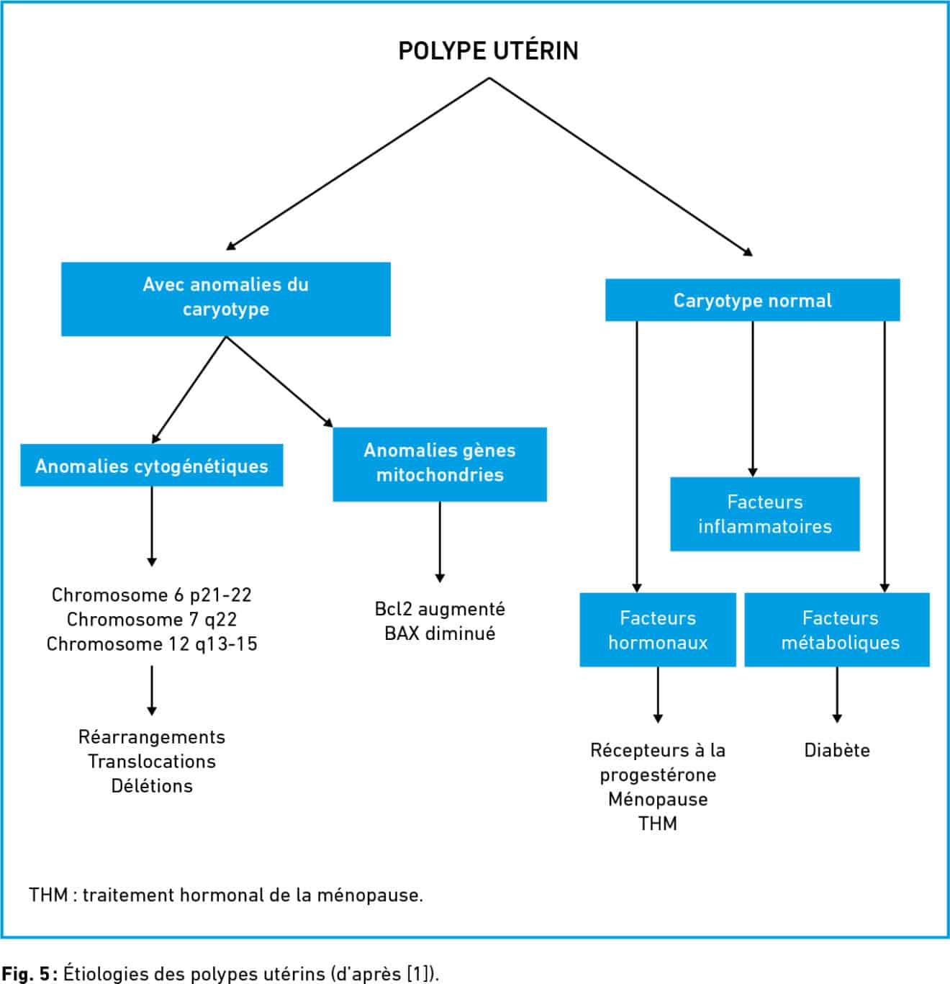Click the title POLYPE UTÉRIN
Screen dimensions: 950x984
click(x=489, y=50)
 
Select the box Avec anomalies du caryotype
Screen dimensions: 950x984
click(x=225, y=299)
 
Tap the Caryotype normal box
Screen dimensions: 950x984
click(x=752, y=300)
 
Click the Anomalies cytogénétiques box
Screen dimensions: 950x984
click(x=152, y=465)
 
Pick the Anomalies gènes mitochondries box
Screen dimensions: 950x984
click(x=439, y=464)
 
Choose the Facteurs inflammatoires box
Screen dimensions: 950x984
click(x=764, y=514)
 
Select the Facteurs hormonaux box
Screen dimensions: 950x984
click(x=658, y=630)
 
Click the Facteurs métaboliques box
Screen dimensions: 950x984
click(x=837, y=630)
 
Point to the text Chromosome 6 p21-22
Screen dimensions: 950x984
click(x=152, y=595)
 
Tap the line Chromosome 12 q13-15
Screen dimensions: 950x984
click(x=152, y=644)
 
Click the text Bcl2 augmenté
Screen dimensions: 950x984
click(x=440, y=609)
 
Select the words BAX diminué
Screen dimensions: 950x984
click(x=440, y=633)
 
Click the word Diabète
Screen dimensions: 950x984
click(x=837, y=750)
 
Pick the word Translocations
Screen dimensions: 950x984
click(x=152, y=762)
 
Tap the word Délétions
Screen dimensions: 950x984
click(x=152, y=786)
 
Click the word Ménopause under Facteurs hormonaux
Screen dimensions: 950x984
click(x=658, y=800)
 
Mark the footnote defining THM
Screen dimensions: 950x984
click(x=225, y=895)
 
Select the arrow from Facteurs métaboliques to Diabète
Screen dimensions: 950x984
click(x=837, y=695)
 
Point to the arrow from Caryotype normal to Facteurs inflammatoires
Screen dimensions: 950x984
click(x=752, y=399)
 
